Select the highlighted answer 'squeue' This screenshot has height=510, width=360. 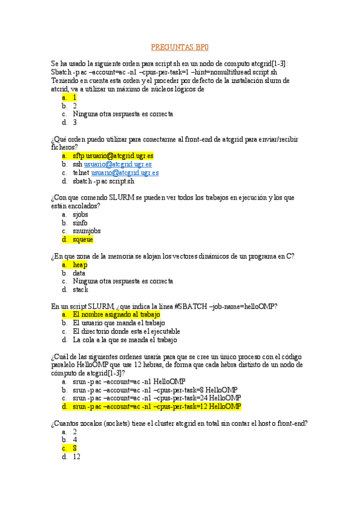[x=82, y=239]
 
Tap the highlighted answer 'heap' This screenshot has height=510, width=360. [x=80, y=264]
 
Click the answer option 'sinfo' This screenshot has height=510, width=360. [x=80, y=222]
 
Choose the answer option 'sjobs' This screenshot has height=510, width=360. [x=80, y=214]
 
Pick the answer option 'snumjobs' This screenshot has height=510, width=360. [x=87, y=230]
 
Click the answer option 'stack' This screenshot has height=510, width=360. [x=81, y=289]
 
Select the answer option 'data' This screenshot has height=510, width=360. [x=79, y=272]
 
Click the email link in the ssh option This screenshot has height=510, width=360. [x=118, y=164]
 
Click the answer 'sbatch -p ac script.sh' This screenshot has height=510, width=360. [x=103, y=181]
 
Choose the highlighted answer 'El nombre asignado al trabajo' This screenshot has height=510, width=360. [x=117, y=315]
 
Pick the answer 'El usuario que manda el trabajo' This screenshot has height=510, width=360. [x=118, y=323]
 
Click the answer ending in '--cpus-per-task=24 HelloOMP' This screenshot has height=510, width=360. [x=157, y=398]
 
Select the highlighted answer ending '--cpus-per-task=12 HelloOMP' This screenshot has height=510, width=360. [x=157, y=406]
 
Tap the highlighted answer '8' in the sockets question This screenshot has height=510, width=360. [x=75, y=448]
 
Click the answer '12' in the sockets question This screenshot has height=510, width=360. [x=76, y=456]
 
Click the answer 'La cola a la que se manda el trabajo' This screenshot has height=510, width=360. [x=124, y=340]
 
